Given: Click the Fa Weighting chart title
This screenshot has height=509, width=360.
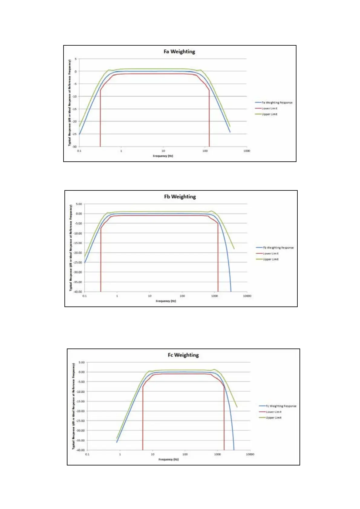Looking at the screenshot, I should [179, 51].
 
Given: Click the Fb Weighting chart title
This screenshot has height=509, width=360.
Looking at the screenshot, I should [180, 196].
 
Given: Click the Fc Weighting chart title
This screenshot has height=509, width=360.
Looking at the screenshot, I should [183, 355].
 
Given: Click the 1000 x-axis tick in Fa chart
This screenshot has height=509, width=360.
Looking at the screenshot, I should [247, 151].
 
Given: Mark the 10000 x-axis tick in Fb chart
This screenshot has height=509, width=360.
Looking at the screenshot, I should [247, 296].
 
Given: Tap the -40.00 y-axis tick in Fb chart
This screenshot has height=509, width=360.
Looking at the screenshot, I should [79, 292].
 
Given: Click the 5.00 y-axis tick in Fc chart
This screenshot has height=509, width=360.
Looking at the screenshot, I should [82, 362].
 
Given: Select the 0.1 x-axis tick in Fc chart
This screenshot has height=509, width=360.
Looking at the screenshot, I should [87, 454].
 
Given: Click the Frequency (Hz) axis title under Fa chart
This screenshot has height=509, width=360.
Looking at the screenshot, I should [163, 156].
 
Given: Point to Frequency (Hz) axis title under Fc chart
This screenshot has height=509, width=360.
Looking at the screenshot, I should [169, 459].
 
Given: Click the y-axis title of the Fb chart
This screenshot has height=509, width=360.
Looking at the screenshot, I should [71, 248].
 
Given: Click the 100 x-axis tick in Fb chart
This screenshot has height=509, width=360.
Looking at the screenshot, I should [182, 296].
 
